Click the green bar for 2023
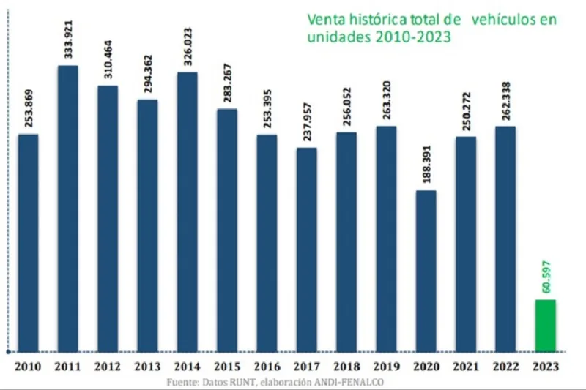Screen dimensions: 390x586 [546, 325]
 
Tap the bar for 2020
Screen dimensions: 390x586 [426, 270]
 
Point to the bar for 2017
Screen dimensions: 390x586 [307, 249]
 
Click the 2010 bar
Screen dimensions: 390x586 [28, 242]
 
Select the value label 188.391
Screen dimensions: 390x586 [426, 165]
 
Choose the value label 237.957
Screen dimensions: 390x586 [307, 122]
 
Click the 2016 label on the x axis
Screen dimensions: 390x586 [267, 365]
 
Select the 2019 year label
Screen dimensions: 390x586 [386, 365]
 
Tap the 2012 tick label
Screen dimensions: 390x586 [108, 365]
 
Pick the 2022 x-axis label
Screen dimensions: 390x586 [505, 365]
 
